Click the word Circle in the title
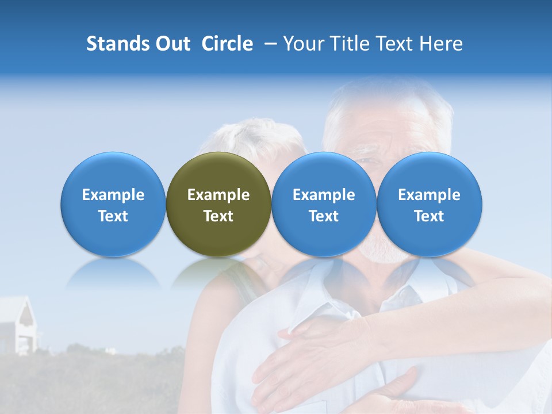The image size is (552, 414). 227,44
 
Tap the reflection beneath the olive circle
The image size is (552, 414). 218,273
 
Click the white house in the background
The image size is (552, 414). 17,325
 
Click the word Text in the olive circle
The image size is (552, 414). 218,216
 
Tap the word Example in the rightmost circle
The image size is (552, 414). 430,195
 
